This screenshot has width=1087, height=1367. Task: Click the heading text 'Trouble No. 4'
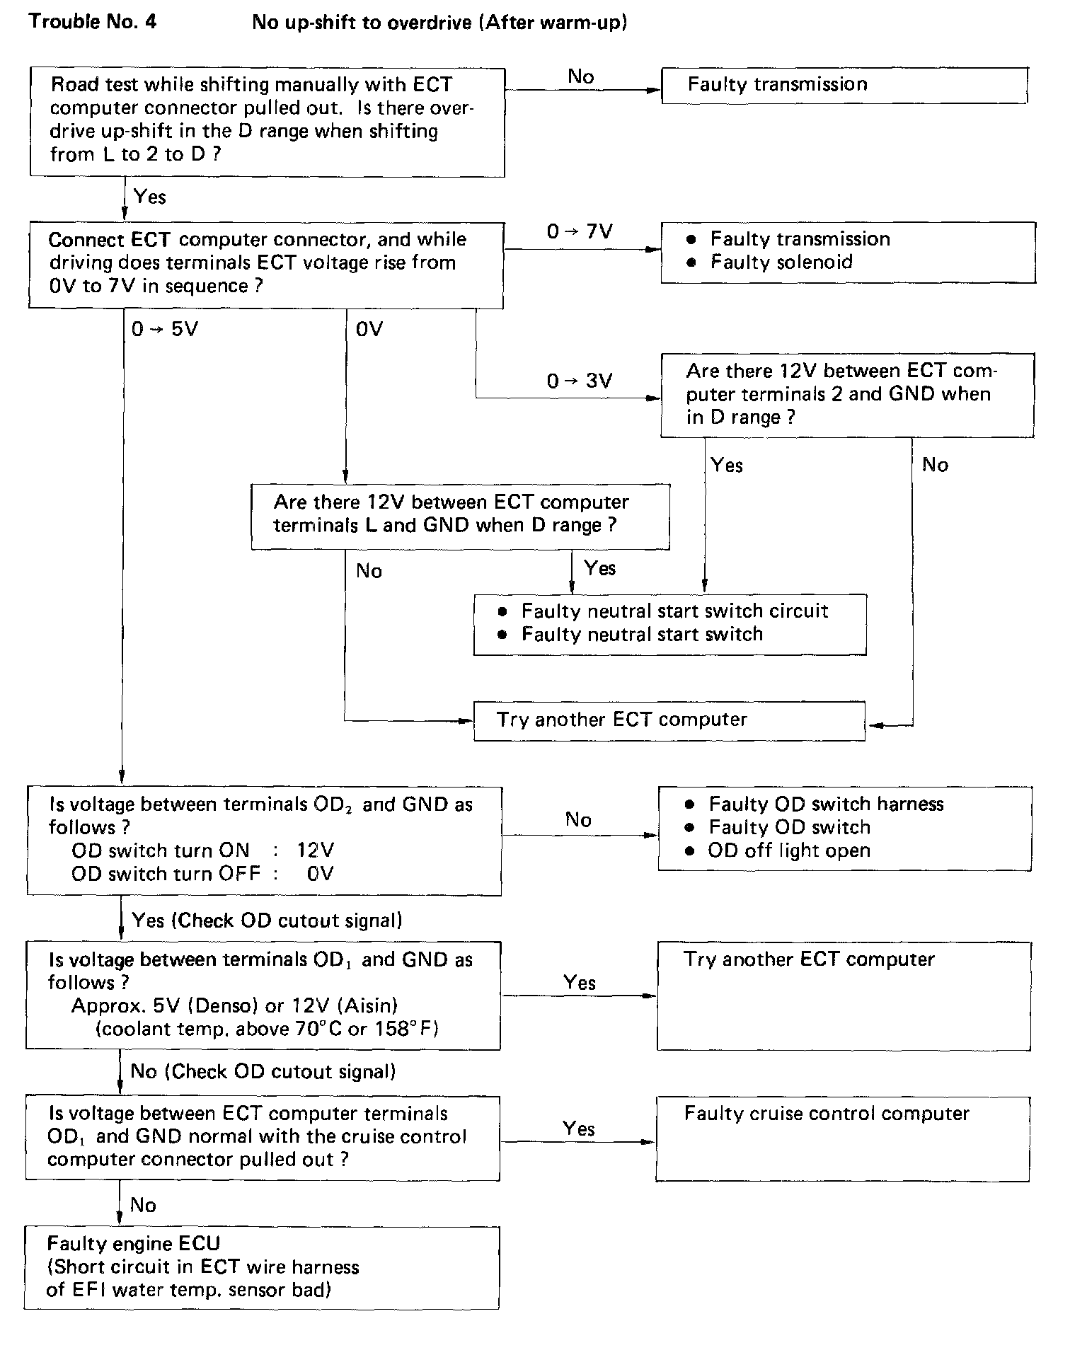(93, 22)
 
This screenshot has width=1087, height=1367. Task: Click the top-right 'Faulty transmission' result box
(844, 86)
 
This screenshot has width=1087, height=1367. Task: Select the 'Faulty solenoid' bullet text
(781, 263)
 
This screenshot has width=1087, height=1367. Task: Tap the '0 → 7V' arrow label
(579, 232)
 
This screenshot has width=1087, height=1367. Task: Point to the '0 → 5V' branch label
(164, 329)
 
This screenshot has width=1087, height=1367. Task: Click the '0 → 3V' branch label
(579, 381)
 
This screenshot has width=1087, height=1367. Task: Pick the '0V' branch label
(369, 329)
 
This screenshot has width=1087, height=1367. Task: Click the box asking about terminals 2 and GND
(846, 395)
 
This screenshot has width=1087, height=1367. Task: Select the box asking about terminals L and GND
(460, 516)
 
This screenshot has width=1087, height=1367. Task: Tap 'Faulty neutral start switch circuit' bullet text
(674, 611)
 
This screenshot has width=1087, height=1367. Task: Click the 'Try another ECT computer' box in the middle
(669, 720)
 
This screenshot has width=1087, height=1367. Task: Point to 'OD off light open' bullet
(788, 850)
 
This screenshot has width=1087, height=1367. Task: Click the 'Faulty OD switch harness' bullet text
(826, 804)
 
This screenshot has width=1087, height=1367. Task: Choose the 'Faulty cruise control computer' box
(842, 1138)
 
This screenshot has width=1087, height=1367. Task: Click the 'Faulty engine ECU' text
(134, 1243)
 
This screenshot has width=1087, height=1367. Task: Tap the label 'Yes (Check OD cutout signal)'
(267, 921)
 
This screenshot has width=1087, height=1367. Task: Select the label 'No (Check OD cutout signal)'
(263, 1071)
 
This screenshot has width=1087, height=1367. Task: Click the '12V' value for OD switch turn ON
(315, 850)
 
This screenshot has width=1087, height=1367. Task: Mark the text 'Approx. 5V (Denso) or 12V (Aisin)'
(234, 1005)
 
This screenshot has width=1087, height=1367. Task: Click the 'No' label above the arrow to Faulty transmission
(580, 76)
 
